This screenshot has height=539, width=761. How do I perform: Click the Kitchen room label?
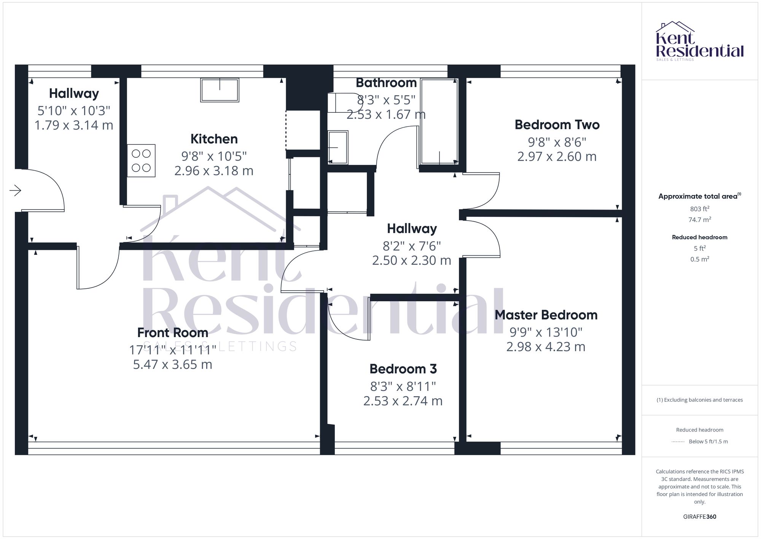pos(214,139)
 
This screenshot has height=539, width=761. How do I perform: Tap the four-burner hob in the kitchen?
pos(141,160)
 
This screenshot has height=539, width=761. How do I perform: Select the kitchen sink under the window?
pos(220,90)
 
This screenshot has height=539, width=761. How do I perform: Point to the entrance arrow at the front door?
pos(16,190)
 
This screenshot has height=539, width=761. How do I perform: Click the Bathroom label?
pos(386,83)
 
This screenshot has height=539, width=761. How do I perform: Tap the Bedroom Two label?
pos(557,125)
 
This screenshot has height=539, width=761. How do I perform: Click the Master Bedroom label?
pos(546,315)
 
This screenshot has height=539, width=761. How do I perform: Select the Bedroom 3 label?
pos(403,369)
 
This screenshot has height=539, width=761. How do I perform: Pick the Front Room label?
pos(172,333)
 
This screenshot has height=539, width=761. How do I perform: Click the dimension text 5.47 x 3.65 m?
pos(172,365)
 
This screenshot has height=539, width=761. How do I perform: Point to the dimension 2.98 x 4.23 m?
pos(546,347)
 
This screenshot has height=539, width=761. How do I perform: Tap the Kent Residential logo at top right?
pos(699,41)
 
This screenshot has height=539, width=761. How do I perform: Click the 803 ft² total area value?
pos(699,209)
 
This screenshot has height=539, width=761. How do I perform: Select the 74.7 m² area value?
pos(699,219)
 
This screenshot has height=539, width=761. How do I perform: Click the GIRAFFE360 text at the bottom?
pos(699,517)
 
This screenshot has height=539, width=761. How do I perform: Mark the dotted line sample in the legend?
pos(678,442)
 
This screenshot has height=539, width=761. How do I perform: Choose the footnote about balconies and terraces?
pos(699,400)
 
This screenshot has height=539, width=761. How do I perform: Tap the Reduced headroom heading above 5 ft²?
pos(699,237)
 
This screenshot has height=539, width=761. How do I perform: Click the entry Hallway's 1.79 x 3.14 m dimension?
pos(74,125)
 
